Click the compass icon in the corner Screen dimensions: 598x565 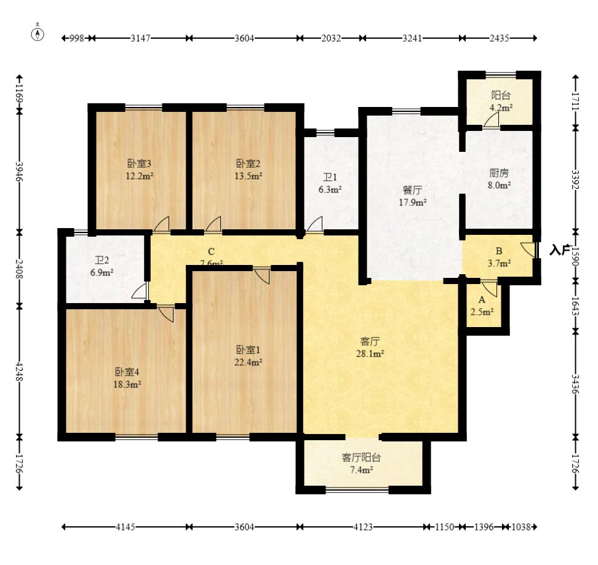(x=38, y=33)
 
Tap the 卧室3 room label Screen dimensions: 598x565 (x=139, y=164)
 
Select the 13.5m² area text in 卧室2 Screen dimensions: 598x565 (x=249, y=176)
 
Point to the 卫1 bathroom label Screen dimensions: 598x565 (x=330, y=177)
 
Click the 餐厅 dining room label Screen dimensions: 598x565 (x=412, y=190)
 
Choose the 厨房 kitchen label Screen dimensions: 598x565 (x=499, y=173)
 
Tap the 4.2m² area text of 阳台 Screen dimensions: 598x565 (x=501, y=108)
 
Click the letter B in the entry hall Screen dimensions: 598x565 (x=499, y=251)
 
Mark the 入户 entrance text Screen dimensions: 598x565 (x=560, y=250)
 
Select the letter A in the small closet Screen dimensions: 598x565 (x=482, y=300)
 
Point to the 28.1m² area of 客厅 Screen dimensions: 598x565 (x=370, y=354)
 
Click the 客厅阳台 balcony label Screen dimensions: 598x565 (x=361, y=457)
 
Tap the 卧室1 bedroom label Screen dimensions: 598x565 (x=248, y=350)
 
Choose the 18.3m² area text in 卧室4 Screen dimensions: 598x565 (x=127, y=384)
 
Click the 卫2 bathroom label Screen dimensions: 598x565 (x=102, y=260)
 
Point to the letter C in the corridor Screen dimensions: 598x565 (x=211, y=251)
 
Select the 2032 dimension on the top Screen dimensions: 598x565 (x=330, y=38)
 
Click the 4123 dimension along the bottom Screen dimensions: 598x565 (x=363, y=527)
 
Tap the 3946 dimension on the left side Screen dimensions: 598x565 (x=19, y=172)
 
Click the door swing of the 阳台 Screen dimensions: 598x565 (x=491, y=121)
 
